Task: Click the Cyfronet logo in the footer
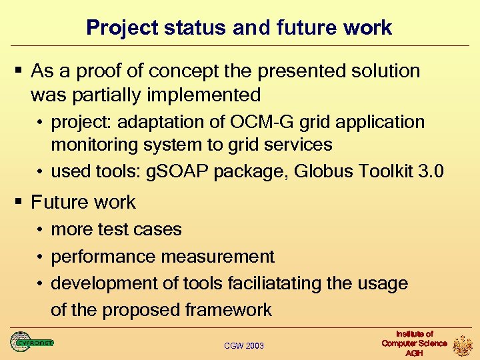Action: (x=31, y=342)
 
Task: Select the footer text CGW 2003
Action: (x=243, y=345)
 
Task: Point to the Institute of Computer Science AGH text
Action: (x=414, y=343)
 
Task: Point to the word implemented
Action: (x=203, y=95)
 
